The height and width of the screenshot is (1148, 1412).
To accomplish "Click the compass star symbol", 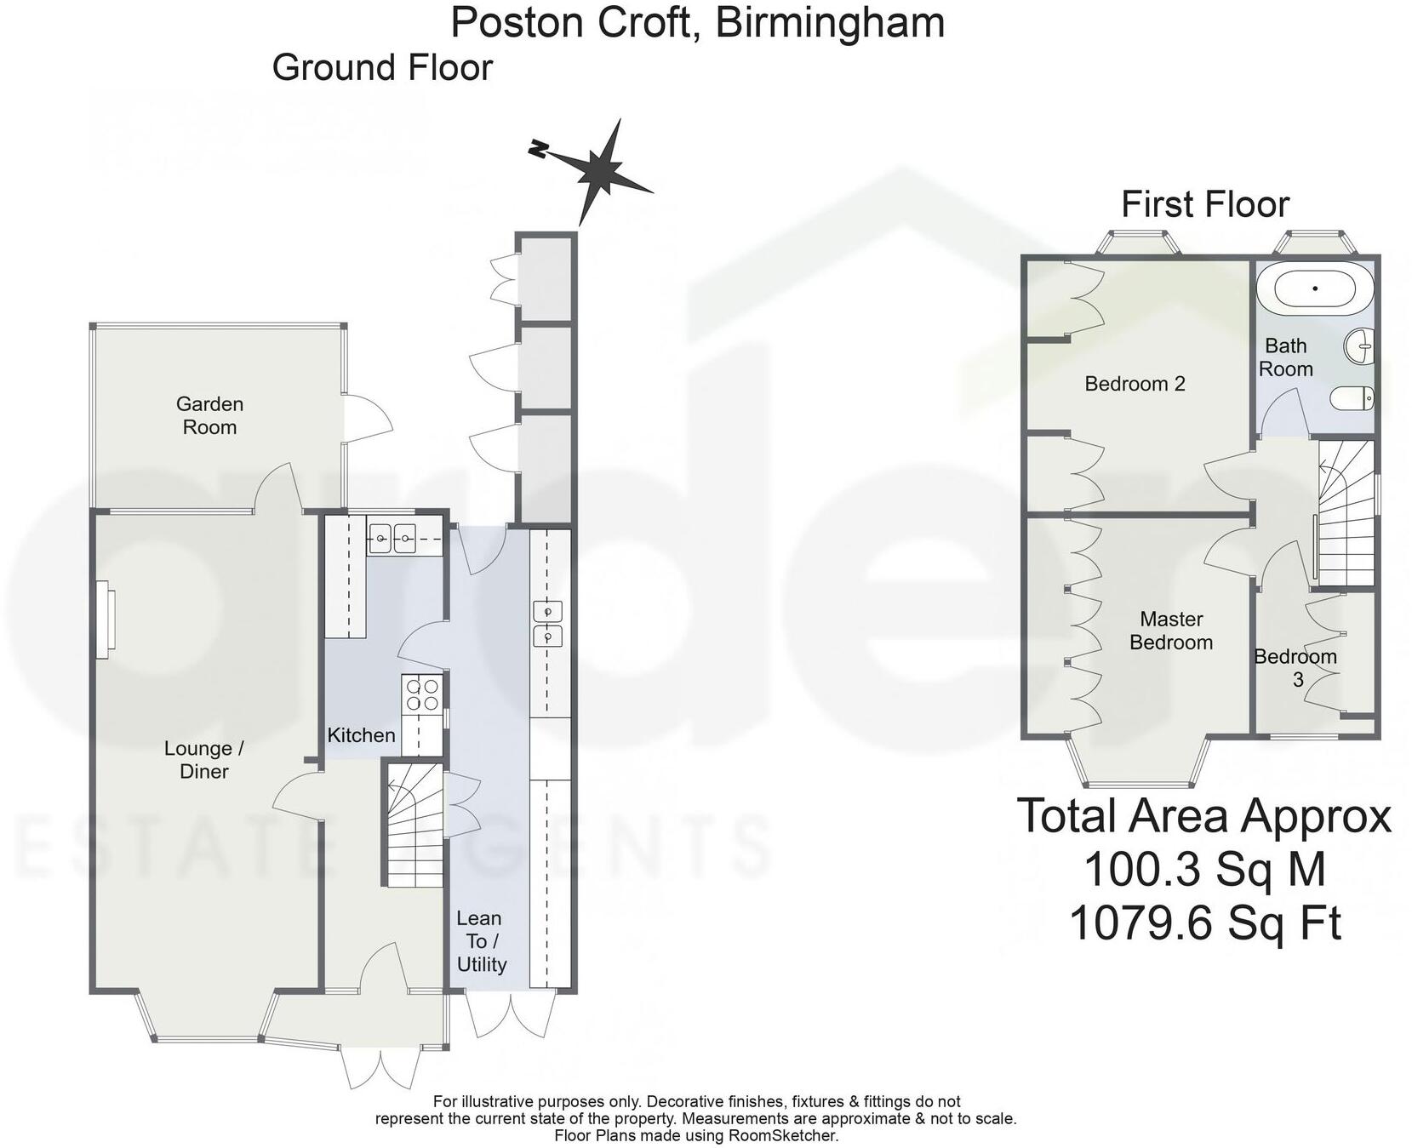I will tap(605, 171).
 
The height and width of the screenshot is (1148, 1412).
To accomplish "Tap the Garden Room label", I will tap(209, 415).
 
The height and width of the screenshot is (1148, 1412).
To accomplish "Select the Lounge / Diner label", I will tap(203, 759).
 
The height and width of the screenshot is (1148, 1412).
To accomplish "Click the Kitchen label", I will tap(361, 734).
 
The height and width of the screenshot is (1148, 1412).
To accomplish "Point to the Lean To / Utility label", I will tap(480, 940).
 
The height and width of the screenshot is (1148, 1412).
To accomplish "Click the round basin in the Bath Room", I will tap(1360, 346).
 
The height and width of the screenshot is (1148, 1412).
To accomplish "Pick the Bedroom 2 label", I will tap(1135, 384).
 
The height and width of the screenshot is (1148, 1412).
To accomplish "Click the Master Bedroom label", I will tap(1171, 631).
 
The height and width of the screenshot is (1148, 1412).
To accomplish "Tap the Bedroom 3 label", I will tap(1295, 667).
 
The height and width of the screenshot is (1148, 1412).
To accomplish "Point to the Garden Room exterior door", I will tap(368, 417).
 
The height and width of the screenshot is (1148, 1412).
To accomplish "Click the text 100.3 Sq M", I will tap(1204, 870).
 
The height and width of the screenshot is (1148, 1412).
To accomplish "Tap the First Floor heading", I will tap(1204, 205).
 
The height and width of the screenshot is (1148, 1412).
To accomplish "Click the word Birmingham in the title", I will tap(830, 22).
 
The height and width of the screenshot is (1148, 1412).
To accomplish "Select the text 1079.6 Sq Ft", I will tap(1204, 922).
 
